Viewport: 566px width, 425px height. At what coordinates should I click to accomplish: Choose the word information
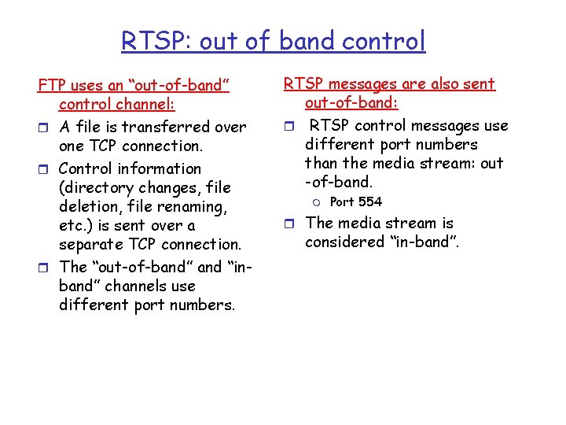157,168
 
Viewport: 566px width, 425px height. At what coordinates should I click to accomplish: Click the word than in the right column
322,164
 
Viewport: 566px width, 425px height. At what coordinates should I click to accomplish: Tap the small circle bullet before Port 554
317,202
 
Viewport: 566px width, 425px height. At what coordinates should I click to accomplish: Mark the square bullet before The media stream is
289,224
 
